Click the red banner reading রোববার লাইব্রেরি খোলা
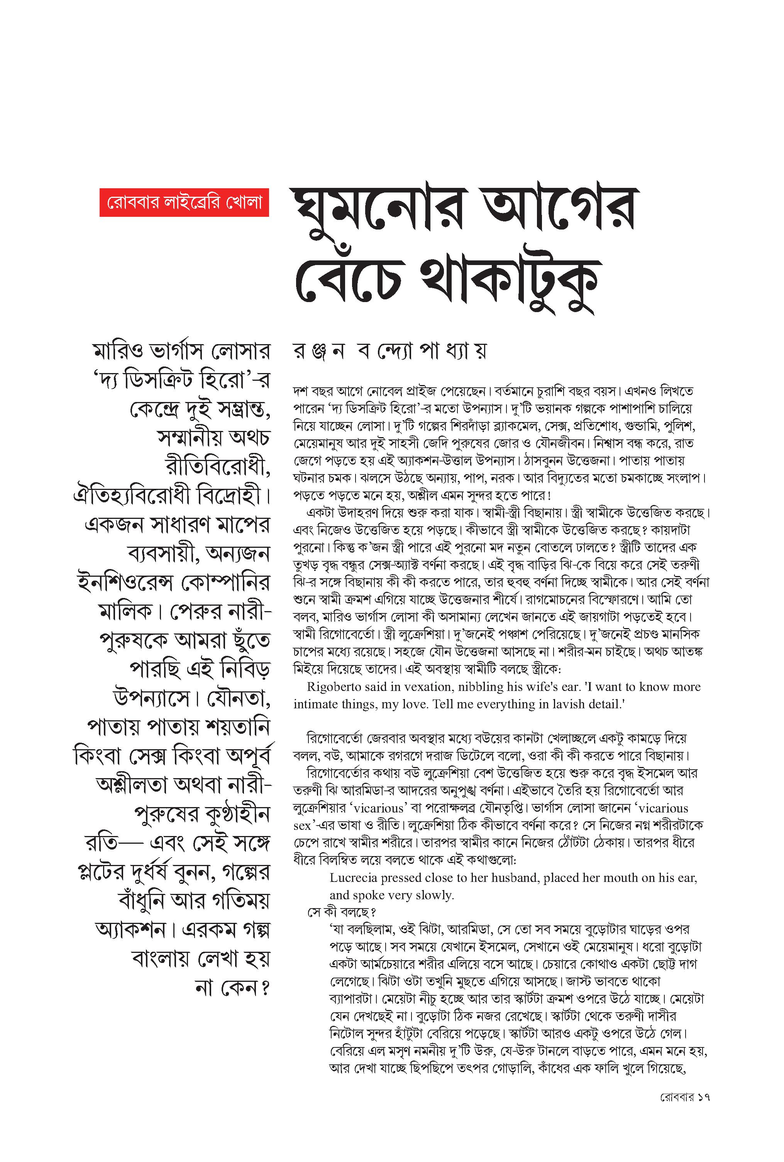184,202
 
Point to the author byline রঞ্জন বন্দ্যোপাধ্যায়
389,351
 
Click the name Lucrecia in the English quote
354,878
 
